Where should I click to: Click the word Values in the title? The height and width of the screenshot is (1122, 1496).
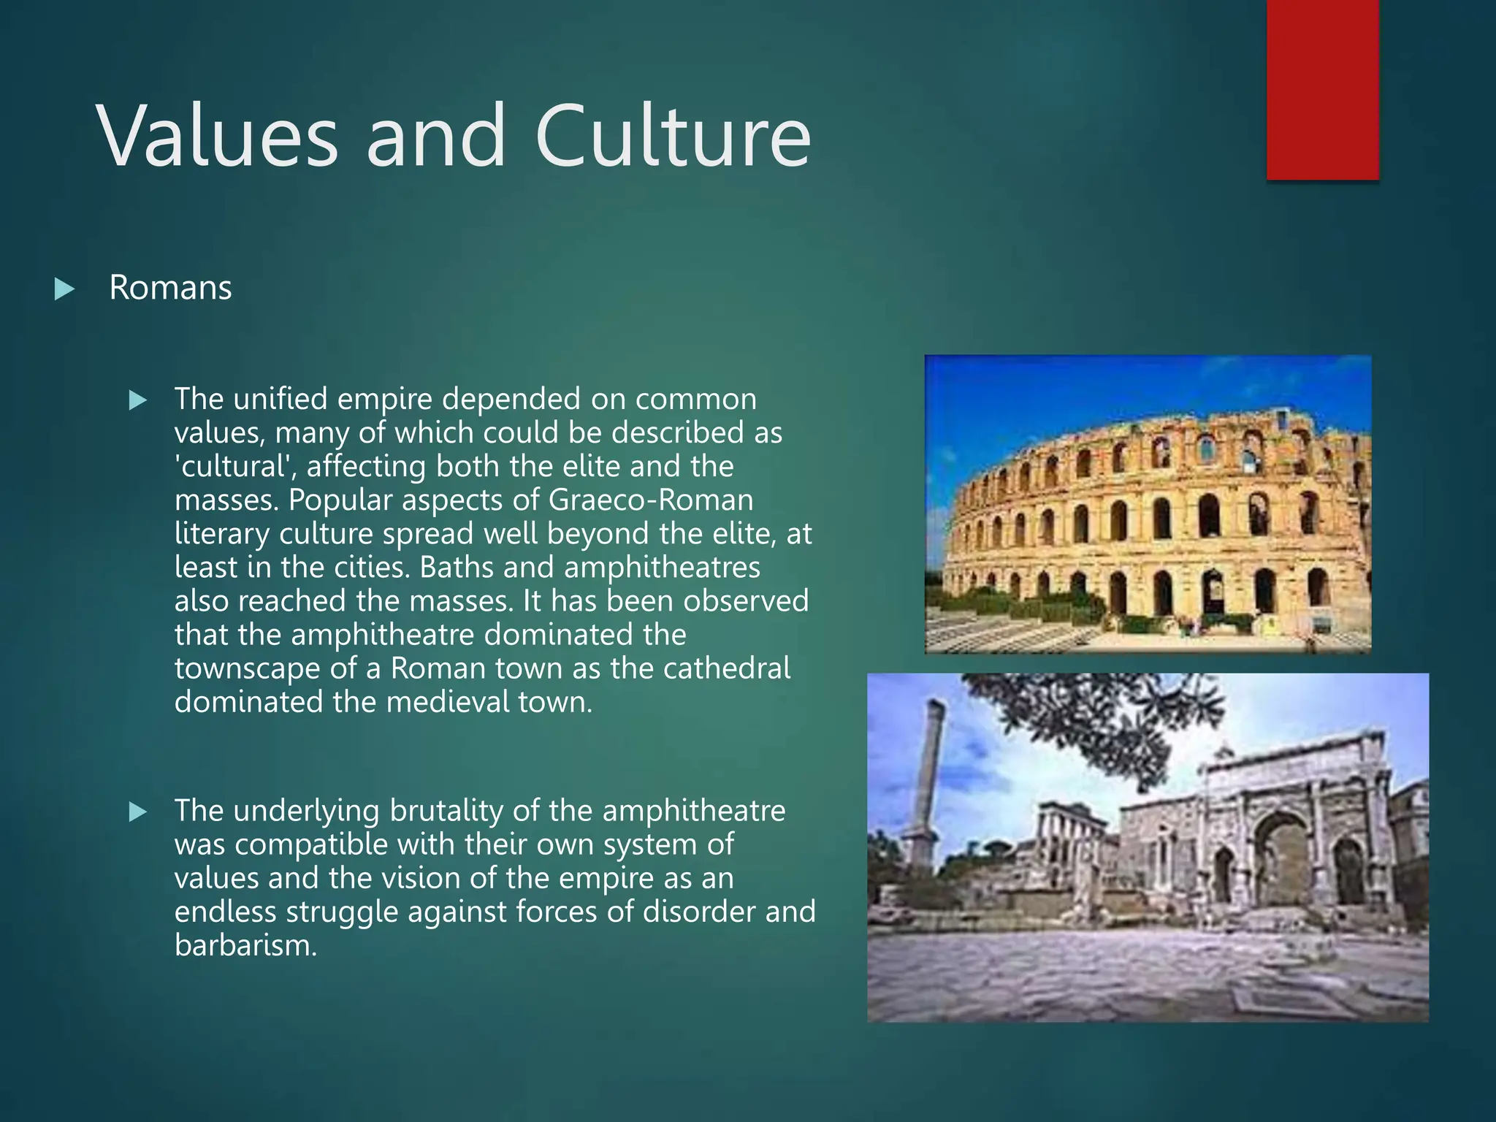point(218,137)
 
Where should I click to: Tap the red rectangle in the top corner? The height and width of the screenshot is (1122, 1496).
point(1322,89)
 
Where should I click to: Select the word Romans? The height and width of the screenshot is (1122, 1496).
point(170,288)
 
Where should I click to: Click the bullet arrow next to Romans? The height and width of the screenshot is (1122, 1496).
point(64,289)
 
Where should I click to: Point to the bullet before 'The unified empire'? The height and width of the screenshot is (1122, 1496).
point(137,400)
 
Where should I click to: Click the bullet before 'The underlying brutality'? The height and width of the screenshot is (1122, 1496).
point(137,812)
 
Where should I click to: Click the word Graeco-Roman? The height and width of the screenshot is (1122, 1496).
point(651,500)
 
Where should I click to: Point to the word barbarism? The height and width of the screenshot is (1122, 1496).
point(245,946)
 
